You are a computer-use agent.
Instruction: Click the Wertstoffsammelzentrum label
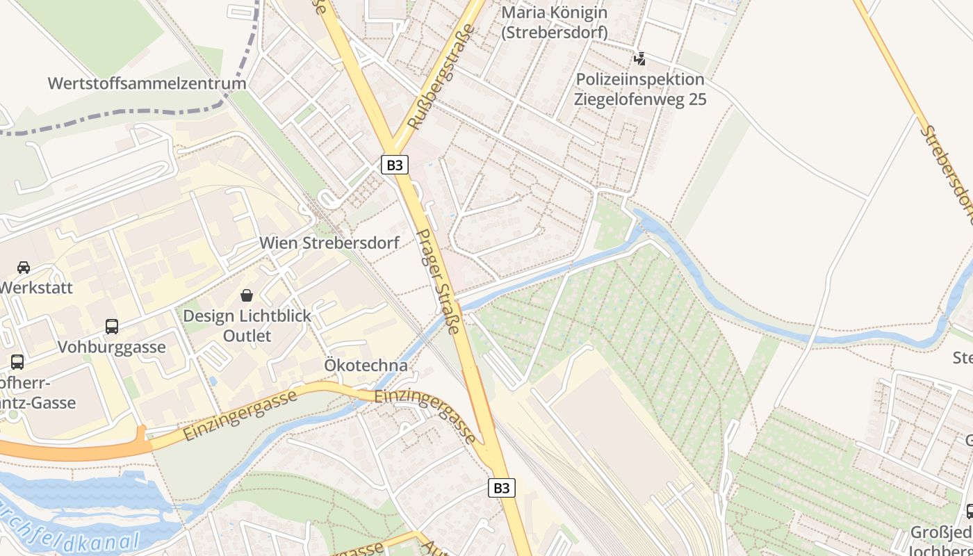point(147,83)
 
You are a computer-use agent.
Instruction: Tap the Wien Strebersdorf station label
point(329,243)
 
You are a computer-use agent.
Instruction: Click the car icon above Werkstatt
point(24,268)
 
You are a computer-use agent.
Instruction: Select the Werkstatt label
point(36,287)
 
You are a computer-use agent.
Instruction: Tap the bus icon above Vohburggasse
point(111,326)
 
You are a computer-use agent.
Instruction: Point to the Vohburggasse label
point(111,347)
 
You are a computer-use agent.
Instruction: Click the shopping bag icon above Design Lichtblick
point(246,295)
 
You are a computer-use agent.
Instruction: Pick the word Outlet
point(247,336)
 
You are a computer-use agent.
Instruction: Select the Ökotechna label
point(366,366)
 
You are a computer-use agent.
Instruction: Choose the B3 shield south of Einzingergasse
point(502,488)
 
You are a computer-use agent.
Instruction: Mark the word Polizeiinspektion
point(640,79)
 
